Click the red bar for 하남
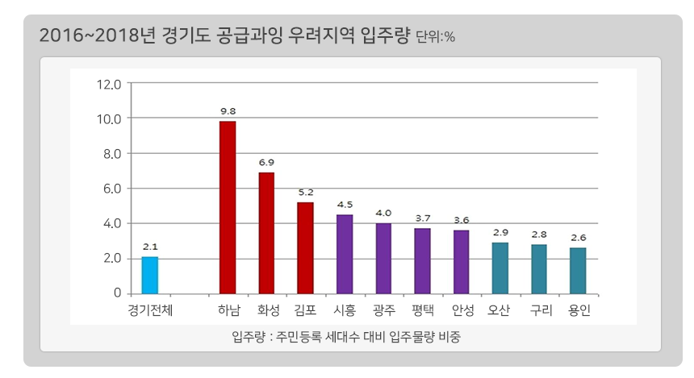coord(228,207)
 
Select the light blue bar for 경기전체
coord(150,275)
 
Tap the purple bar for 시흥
coord(345,254)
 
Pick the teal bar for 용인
coord(578,271)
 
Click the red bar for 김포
coord(305,247)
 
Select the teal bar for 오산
coord(500,268)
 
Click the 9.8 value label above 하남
coord(228,110)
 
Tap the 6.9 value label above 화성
coord(266,162)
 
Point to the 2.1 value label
coord(150,247)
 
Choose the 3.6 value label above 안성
coord(462,219)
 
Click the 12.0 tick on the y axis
coord(107,84)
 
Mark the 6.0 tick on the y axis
coord(110,189)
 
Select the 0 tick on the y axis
coord(117,293)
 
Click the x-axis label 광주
coord(383,310)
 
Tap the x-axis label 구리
coord(539,310)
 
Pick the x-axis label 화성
coord(266,310)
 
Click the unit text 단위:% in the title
coord(435,37)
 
